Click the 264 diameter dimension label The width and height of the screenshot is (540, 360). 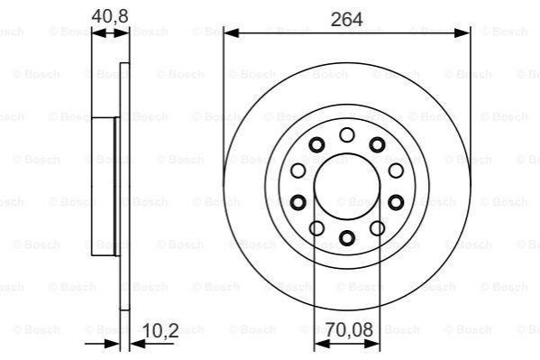coord(346,19)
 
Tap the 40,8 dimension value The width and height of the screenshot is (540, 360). coord(110,16)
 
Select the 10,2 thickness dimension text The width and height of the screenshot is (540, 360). coord(160,331)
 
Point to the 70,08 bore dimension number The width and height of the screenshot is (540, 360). coord(349,329)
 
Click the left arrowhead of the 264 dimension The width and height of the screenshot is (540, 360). coord(232,33)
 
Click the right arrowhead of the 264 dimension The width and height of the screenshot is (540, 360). coord(462,33)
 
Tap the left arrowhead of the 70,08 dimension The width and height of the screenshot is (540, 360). coord(323,344)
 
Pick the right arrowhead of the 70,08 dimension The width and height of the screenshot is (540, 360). coord(372,344)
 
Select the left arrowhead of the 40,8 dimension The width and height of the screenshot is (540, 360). coord(99,33)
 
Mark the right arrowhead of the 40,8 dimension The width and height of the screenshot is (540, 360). coord(122,33)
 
